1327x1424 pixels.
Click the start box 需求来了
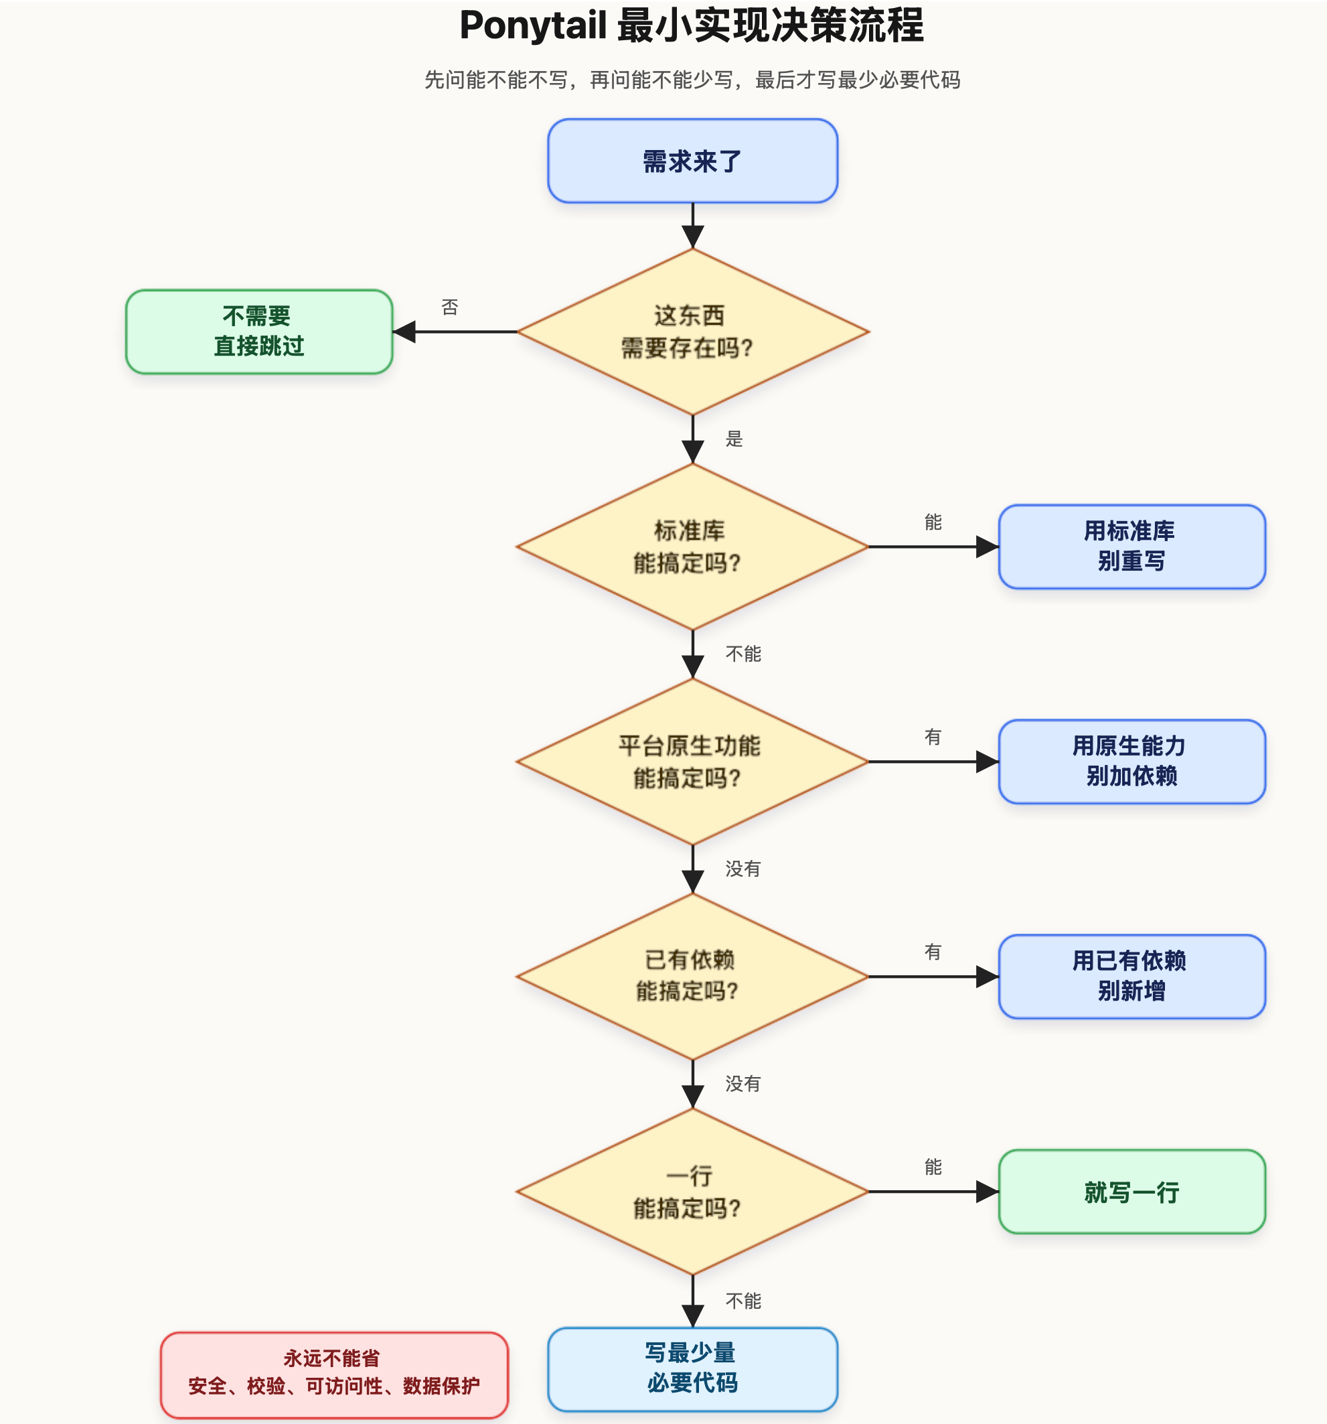coord(692,161)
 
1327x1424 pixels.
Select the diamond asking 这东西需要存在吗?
coord(692,332)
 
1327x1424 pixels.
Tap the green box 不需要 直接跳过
coord(259,332)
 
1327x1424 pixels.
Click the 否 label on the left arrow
coord(450,307)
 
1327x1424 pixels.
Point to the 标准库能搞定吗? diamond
coord(692,547)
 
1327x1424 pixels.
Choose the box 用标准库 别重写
coord(1131,547)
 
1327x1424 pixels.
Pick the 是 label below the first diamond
coord(734,438)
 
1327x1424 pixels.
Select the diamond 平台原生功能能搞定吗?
coord(692,762)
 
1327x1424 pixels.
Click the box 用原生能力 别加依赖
coord(1131,762)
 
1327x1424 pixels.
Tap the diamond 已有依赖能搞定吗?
coord(692,977)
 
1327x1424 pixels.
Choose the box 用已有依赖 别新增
coord(1131,977)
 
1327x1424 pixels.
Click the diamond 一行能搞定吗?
coord(692,1191)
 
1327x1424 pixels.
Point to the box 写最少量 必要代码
coord(692,1369)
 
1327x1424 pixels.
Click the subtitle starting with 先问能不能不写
coord(692,80)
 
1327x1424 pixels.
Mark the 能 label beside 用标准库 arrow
coord(933,522)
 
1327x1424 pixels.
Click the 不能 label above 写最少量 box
coord(743,1300)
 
